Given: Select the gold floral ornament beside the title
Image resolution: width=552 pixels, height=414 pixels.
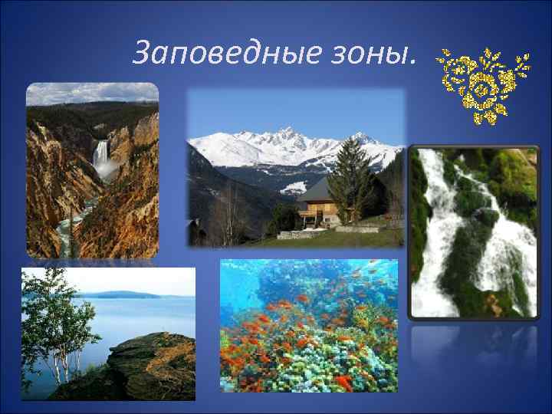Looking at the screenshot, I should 482,84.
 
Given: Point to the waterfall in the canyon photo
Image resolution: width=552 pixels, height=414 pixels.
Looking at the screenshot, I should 100,157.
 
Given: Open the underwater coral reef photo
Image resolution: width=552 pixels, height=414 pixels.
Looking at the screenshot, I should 308,326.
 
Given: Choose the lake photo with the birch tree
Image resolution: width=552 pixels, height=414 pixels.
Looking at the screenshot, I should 107,333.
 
